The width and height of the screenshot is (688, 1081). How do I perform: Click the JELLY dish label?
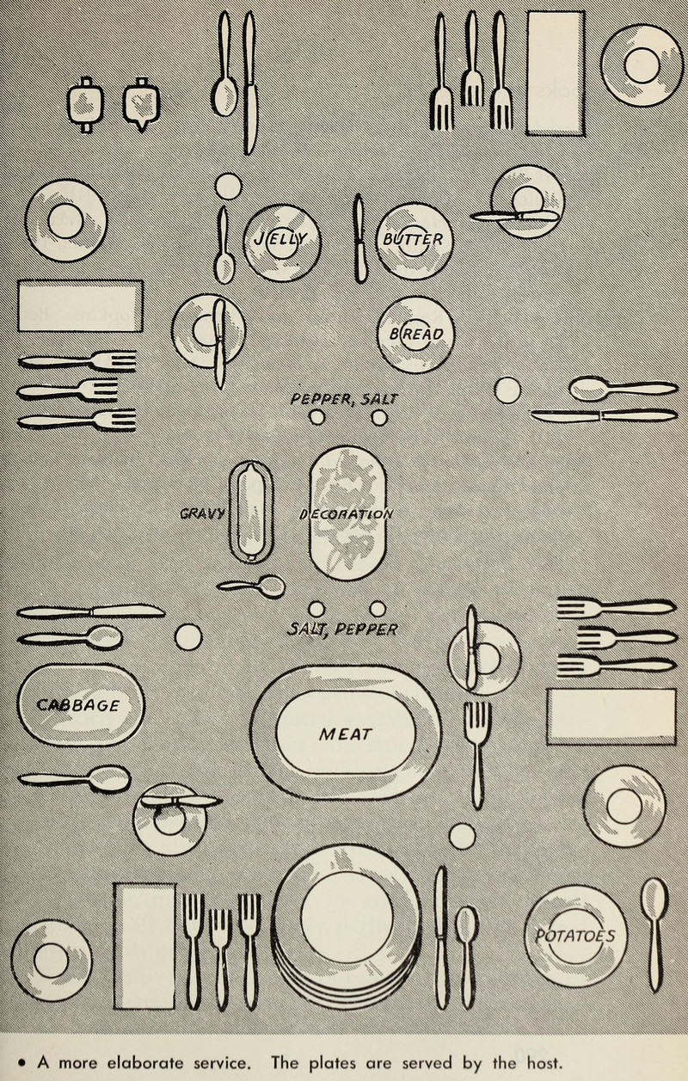[x=273, y=239]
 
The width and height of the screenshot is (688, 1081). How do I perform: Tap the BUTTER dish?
[x=414, y=239]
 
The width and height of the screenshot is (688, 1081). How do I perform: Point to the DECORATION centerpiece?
[x=347, y=514]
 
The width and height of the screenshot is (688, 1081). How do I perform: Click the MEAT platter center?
[x=346, y=734]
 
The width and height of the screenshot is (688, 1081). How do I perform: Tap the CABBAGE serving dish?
[x=80, y=705]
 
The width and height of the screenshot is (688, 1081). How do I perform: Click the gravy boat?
[x=251, y=511]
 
